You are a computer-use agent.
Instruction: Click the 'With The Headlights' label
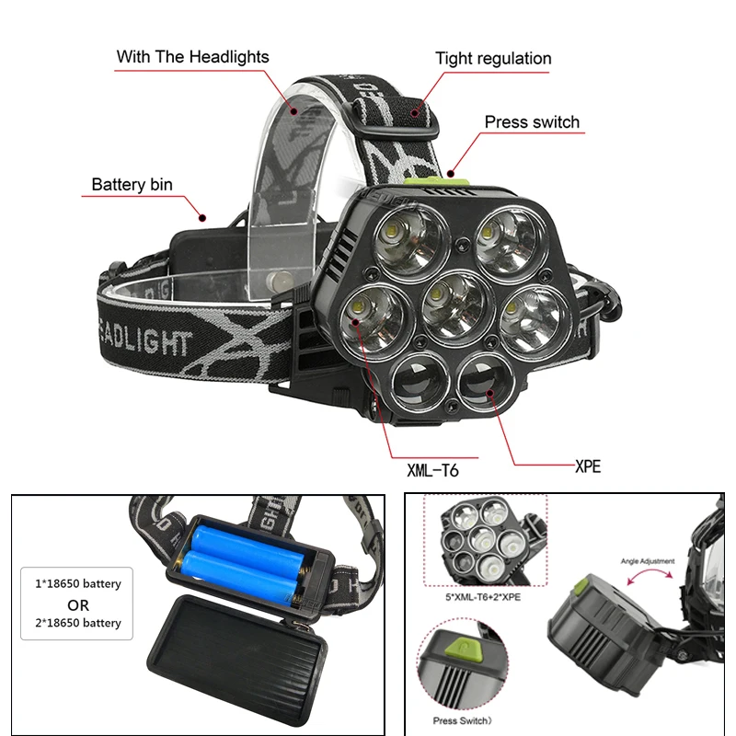coord(192,57)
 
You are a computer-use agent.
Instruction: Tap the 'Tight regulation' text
coord(493,59)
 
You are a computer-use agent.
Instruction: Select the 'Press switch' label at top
coord(532,122)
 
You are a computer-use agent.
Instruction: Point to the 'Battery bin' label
coord(132,185)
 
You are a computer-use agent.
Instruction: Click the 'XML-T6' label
coord(432,471)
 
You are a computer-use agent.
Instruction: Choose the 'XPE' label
coord(587,466)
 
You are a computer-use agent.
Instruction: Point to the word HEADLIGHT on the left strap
coord(144,343)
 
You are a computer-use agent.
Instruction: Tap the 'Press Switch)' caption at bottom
coord(463,721)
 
